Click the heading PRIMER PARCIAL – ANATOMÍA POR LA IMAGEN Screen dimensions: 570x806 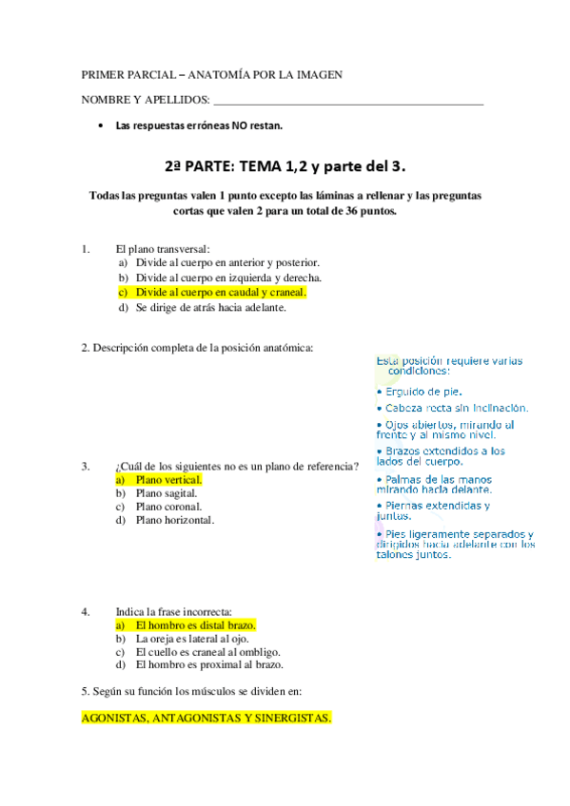(x=211, y=74)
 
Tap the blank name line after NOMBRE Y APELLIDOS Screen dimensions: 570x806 (x=347, y=101)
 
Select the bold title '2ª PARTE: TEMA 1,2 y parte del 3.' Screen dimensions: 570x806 (x=285, y=166)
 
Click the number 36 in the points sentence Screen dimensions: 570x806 (x=354, y=211)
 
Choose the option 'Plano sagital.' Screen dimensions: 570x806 (x=167, y=493)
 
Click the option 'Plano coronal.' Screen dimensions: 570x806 (x=168, y=507)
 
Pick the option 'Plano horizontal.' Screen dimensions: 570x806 (x=175, y=520)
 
